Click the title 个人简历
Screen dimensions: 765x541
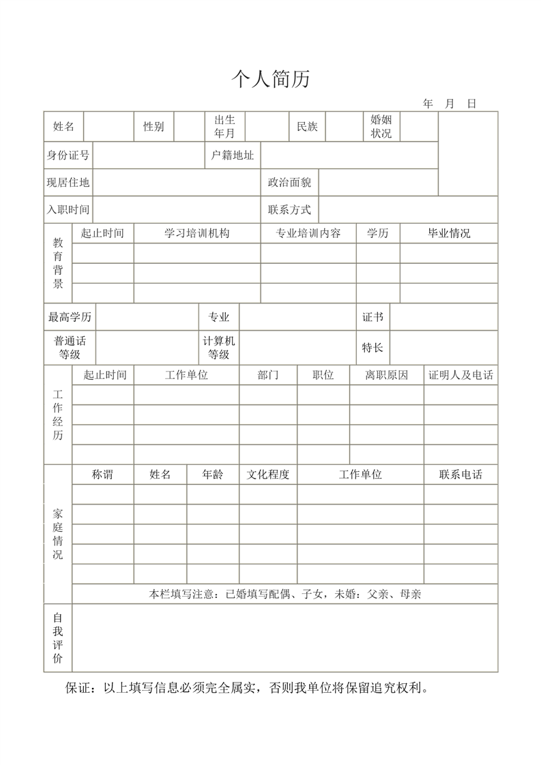pyautogui.click(x=271, y=80)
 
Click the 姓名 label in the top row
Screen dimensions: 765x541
pyautogui.click(x=63, y=127)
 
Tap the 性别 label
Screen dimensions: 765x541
pyautogui.click(x=153, y=127)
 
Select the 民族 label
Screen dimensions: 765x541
pyautogui.click(x=307, y=127)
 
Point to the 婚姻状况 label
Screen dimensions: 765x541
pyautogui.click(x=381, y=127)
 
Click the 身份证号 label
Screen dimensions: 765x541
pyautogui.click(x=68, y=155)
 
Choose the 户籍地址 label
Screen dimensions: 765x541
pyautogui.click(x=232, y=155)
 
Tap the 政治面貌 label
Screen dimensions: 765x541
pyautogui.click(x=289, y=183)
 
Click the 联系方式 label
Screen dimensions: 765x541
pyautogui.click(x=289, y=210)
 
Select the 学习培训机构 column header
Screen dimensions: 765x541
pyautogui.click(x=196, y=233)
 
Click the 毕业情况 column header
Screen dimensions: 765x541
pyautogui.click(x=448, y=233)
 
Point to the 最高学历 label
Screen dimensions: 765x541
pyautogui.click(x=70, y=317)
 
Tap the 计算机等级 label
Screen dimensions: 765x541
pyautogui.click(x=218, y=348)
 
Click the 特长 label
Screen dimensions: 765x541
pyautogui.click(x=372, y=348)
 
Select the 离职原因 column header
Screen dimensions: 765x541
pyautogui.click(x=386, y=375)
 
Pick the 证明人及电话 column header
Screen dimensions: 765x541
pyautogui.click(x=460, y=375)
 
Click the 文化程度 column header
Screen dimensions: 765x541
pyautogui.click(x=267, y=475)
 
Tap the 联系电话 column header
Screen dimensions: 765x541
pyautogui.click(x=460, y=475)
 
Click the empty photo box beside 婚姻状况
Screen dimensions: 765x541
pyautogui.click(x=468, y=153)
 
